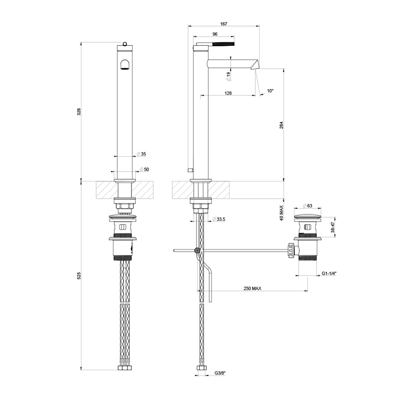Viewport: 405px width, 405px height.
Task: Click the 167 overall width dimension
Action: [x=223, y=24]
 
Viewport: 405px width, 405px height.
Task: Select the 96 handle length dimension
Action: [x=215, y=34]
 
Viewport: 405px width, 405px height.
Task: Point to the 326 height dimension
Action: [x=79, y=111]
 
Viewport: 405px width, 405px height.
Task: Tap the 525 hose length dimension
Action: [x=79, y=275]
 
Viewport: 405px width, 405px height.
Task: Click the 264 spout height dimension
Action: [x=281, y=125]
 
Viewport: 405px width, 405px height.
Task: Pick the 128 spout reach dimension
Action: [x=228, y=93]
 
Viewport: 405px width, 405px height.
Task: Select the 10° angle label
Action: [x=270, y=91]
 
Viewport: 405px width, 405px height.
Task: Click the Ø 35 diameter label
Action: [x=142, y=154]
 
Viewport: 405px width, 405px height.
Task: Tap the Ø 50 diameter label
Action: [x=144, y=170]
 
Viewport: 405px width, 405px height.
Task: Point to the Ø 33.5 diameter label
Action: [x=219, y=219]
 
